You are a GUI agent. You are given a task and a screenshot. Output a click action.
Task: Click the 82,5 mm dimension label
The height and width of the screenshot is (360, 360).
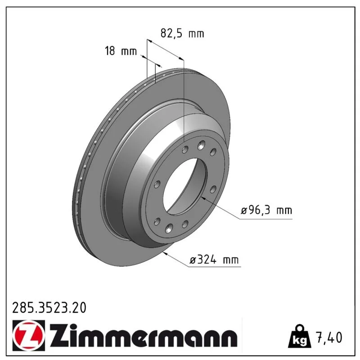(182, 33)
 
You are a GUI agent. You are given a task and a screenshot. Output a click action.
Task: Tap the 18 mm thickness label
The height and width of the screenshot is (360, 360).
(121, 51)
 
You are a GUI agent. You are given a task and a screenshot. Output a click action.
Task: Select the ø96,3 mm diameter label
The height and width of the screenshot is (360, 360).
(266, 210)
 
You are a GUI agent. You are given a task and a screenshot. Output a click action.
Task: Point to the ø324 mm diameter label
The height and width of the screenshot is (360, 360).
(214, 260)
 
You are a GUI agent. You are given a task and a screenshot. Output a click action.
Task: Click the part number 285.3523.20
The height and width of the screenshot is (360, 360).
(49, 308)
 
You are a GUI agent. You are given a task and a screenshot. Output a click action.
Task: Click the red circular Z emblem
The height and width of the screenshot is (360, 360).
(29, 335)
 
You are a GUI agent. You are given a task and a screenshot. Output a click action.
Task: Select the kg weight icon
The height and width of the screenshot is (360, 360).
(300, 337)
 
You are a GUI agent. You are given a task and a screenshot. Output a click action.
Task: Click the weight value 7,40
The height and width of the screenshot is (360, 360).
(329, 337)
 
